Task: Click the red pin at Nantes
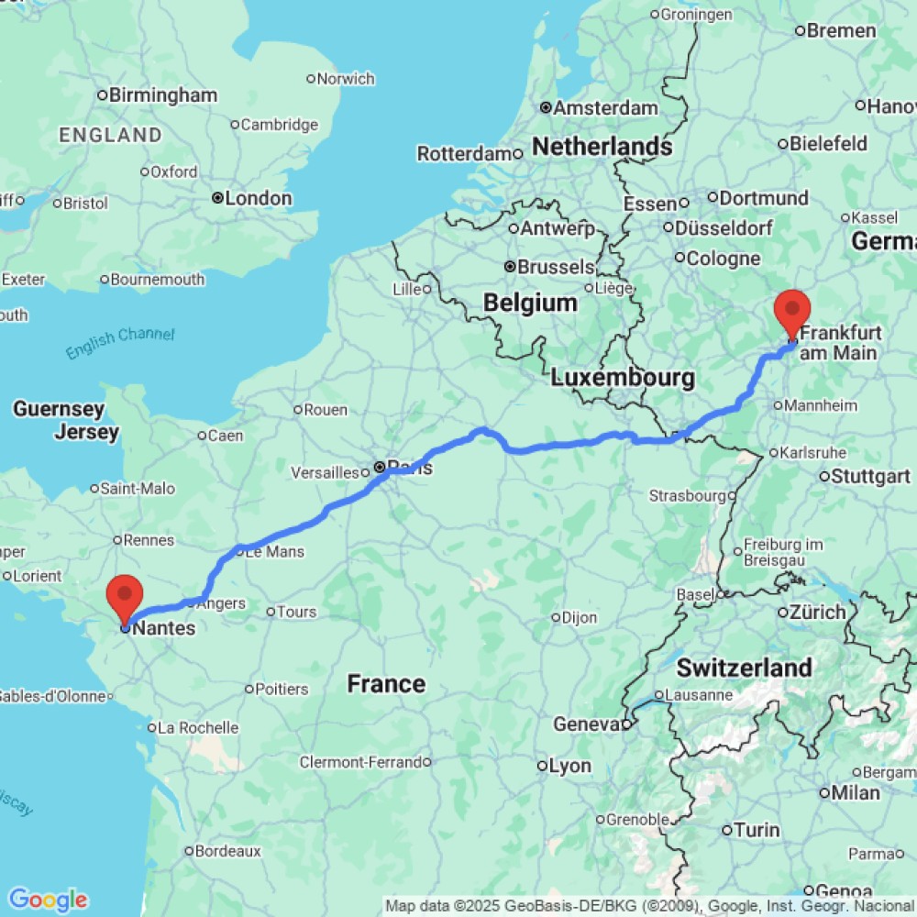pos(124,596)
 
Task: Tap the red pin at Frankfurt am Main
pos(792,312)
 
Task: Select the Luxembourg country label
pos(623,377)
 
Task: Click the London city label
pos(258,198)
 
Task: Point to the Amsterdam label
pos(605,108)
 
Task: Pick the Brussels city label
pos(556,267)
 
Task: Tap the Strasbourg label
pos(688,495)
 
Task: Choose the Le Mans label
pos(274,552)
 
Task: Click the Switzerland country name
pos(745,667)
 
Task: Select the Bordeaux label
pos(228,851)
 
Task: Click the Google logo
pos(47,900)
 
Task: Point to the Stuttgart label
pos(870,476)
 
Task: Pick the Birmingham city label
pos(162,95)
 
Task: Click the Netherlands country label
pos(602,146)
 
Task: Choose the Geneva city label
pos(588,724)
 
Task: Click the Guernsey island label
pos(59,409)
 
